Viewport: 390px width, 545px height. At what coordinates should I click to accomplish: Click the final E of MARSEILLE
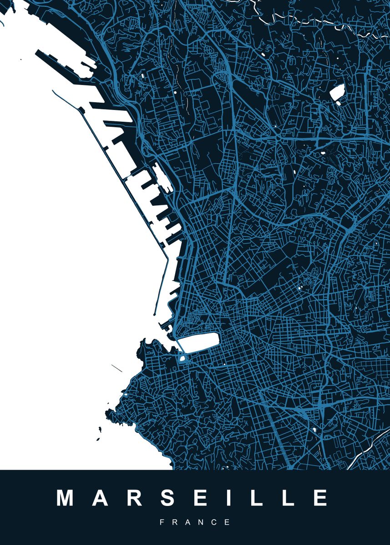(320, 498)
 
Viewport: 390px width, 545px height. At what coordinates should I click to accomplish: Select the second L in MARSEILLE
(285, 498)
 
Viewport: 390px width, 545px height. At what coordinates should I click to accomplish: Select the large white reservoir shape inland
(337, 94)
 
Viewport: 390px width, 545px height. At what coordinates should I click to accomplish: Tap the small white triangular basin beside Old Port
(182, 359)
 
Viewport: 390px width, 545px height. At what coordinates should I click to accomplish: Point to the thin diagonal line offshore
(116, 368)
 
